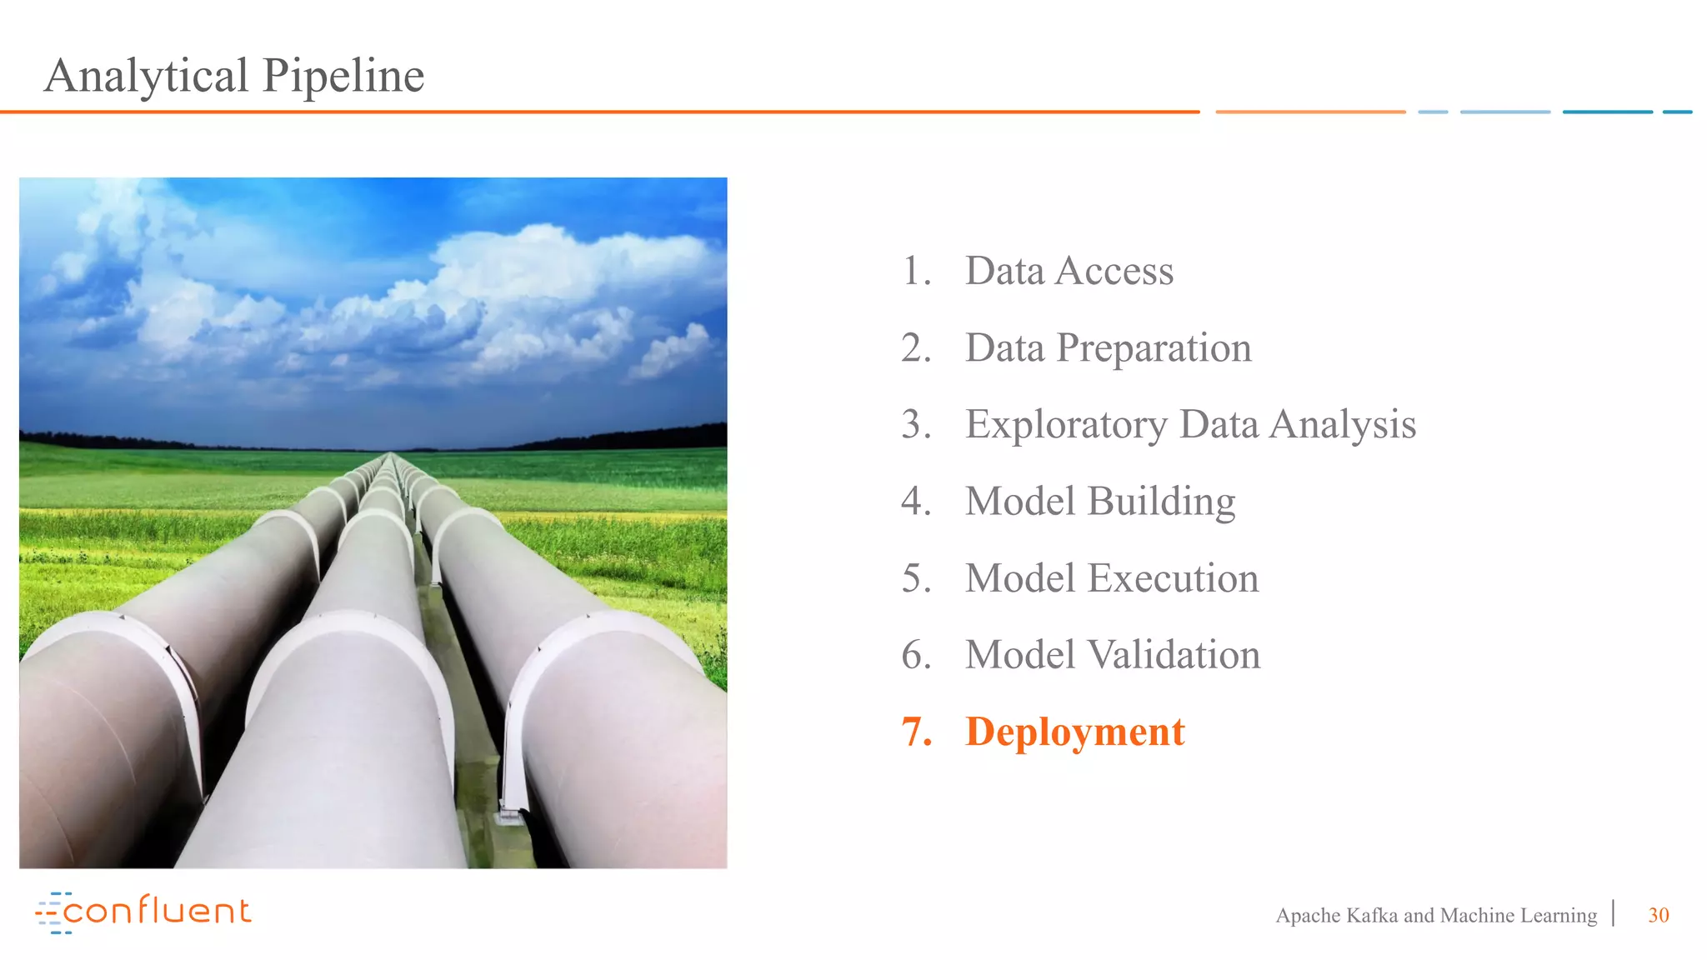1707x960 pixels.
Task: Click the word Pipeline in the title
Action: click(343, 76)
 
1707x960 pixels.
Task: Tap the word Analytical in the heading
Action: click(147, 76)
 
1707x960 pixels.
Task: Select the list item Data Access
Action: click(1069, 271)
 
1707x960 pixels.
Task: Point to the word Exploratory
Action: click(1066, 425)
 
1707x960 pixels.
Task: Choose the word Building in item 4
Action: click(1161, 502)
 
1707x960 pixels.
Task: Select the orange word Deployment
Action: click(1074, 732)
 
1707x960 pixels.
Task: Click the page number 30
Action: click(1658, 915)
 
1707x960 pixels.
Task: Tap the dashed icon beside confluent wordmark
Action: click(49, 912)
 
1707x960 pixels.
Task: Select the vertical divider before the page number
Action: click(1614, 913)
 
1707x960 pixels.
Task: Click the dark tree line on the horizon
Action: click(633, 437)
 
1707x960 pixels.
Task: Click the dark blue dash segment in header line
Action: click(1607, 112)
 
